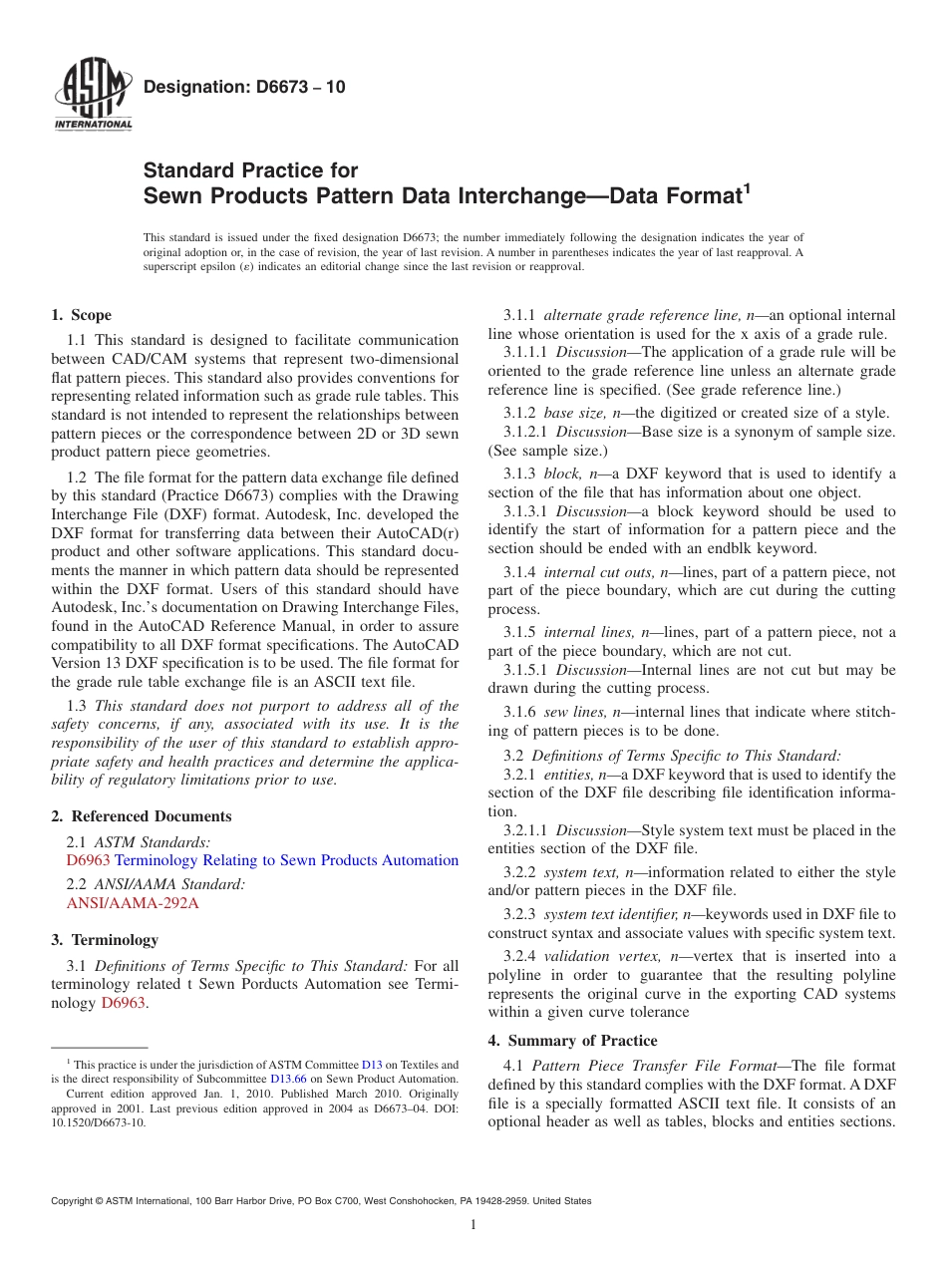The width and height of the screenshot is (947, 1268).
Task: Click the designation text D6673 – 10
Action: (x=244, y=87)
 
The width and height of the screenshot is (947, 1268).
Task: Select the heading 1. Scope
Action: (x=81, y=315)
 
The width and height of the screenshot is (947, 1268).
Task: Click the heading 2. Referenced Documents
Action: (x=142, y=816)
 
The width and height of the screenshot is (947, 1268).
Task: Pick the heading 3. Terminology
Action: (x=105, y=940)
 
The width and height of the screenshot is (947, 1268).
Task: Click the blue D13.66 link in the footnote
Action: (x=288, y=1079)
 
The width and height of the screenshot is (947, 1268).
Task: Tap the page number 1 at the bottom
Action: (x=473, y=1225)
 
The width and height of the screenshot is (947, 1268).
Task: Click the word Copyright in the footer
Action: (x=76, y=1201)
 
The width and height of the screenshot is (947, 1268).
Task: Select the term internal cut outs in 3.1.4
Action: (x=600, y=572)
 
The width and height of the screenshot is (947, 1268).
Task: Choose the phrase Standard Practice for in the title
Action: (x=250, y=170)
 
